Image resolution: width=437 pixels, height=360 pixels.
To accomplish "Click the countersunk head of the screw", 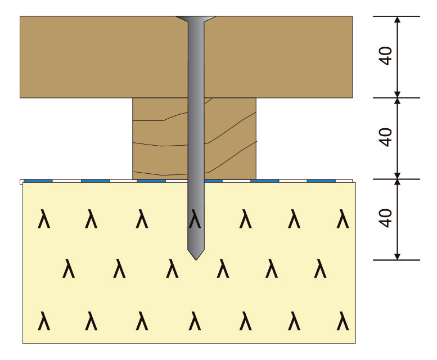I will point(195,20).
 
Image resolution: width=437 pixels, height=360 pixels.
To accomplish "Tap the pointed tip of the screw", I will point(195,255).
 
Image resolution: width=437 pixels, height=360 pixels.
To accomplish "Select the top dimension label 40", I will point(386,56).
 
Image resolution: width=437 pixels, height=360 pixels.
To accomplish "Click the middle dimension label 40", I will point(386,138).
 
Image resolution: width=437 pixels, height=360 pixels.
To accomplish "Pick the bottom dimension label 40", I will point(386,219).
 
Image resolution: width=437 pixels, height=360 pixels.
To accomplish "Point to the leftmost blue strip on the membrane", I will point(38,181).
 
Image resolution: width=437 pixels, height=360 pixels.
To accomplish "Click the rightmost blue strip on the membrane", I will point(321,181).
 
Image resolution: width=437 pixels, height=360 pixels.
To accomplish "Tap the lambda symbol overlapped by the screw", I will point(195,219).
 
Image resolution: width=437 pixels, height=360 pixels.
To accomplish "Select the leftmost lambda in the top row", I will point(44,219).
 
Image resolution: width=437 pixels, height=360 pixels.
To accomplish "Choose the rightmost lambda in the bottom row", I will point(343,322).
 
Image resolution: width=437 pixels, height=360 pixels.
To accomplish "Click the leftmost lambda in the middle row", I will point(69,269).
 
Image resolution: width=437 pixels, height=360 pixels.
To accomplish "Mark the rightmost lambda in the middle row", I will point(320,269).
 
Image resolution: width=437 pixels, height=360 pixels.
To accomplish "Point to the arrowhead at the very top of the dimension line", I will point(397,20).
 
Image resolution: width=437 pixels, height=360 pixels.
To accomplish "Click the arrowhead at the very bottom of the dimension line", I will point(397,256).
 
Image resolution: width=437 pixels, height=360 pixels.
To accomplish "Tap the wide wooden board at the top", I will point(101,56).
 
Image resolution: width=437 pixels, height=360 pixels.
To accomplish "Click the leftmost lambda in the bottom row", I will point(44,322).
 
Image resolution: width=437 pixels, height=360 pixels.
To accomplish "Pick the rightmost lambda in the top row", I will point(343,219).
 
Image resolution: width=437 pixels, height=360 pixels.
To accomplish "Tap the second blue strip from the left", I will point(95,181).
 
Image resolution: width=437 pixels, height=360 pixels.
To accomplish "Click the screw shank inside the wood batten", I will point(195,138).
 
